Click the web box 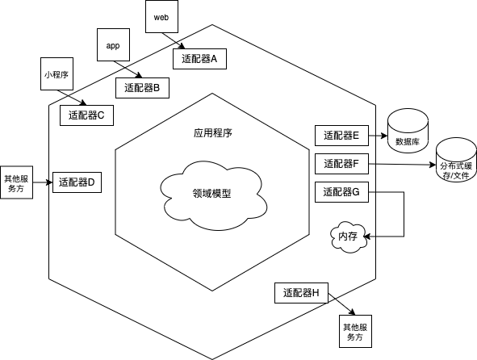[x=160, y=17]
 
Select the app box [x=113, y=46]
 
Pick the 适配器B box [x=143, y=87]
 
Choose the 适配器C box [x=87, y=115]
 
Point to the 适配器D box [x=77, y=182]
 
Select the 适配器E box [x=340, y=136]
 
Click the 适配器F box [x=340, y=164]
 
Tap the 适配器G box [x=340, y=192]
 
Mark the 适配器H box [x=300, y=293]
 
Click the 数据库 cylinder [x=408, y=131]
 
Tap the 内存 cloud [x=348, y=236]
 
